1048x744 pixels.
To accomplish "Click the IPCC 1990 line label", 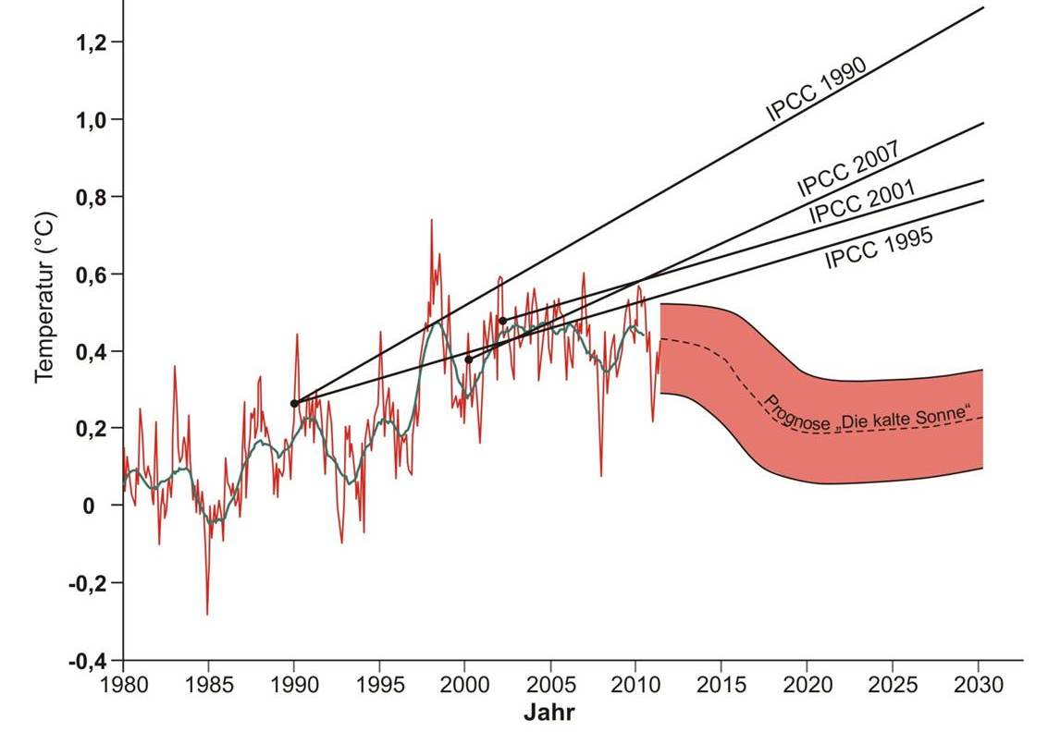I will click(816, 91).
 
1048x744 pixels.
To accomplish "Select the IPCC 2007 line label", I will click(848, 169).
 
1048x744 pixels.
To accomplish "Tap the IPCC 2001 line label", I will click(862, 202).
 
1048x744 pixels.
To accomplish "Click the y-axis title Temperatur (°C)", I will click(45, 298).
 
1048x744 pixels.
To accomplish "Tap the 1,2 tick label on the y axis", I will click(92, 43).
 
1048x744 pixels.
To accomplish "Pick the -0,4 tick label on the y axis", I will click(89, 661).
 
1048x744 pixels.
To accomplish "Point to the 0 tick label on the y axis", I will click(91, 506).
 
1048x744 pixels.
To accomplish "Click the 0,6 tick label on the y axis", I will click(92, 274).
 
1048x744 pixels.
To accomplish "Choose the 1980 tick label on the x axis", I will click(123, 688).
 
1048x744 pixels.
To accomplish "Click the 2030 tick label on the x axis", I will click(979, 688).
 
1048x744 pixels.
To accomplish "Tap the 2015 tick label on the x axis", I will click(721, 688).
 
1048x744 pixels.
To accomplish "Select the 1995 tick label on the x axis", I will click(379, 688).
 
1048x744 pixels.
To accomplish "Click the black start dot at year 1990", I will click(294, 403).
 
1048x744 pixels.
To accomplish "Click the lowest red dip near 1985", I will click(207, 614).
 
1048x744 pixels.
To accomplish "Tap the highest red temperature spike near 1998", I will click(431, 220).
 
